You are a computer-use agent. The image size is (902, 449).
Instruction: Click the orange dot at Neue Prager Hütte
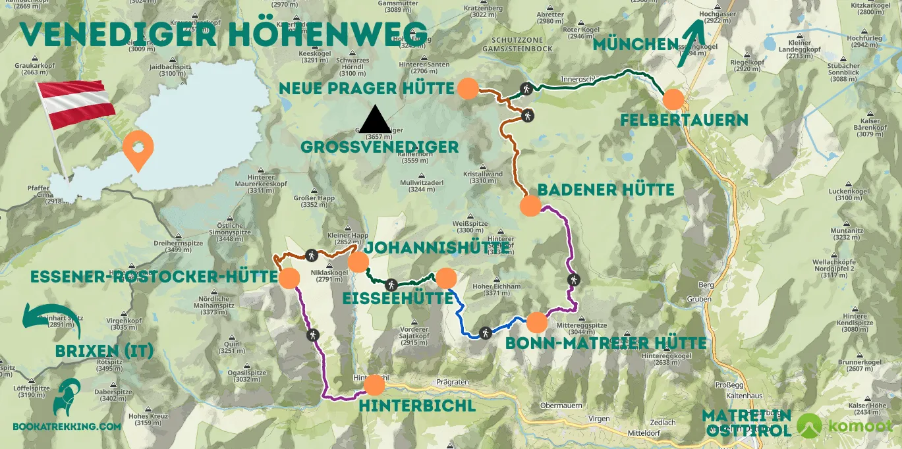click(468, 89)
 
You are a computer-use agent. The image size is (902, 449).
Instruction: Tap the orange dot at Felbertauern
click(673, 99)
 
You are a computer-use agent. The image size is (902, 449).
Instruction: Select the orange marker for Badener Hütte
click(530, 206)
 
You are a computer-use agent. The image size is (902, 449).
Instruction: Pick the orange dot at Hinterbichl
click(374, 385)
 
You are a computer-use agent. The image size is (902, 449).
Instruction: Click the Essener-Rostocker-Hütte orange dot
click(289, 278)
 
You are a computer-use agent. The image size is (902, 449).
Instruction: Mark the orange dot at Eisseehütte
click(446, 278)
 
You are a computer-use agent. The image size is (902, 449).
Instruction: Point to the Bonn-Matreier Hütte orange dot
click(537, 323)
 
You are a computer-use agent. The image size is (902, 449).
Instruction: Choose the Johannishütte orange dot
click(358, 262)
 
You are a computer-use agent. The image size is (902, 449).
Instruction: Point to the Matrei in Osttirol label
click(747, 423)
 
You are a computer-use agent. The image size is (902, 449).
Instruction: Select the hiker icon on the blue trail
click(486, 332)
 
